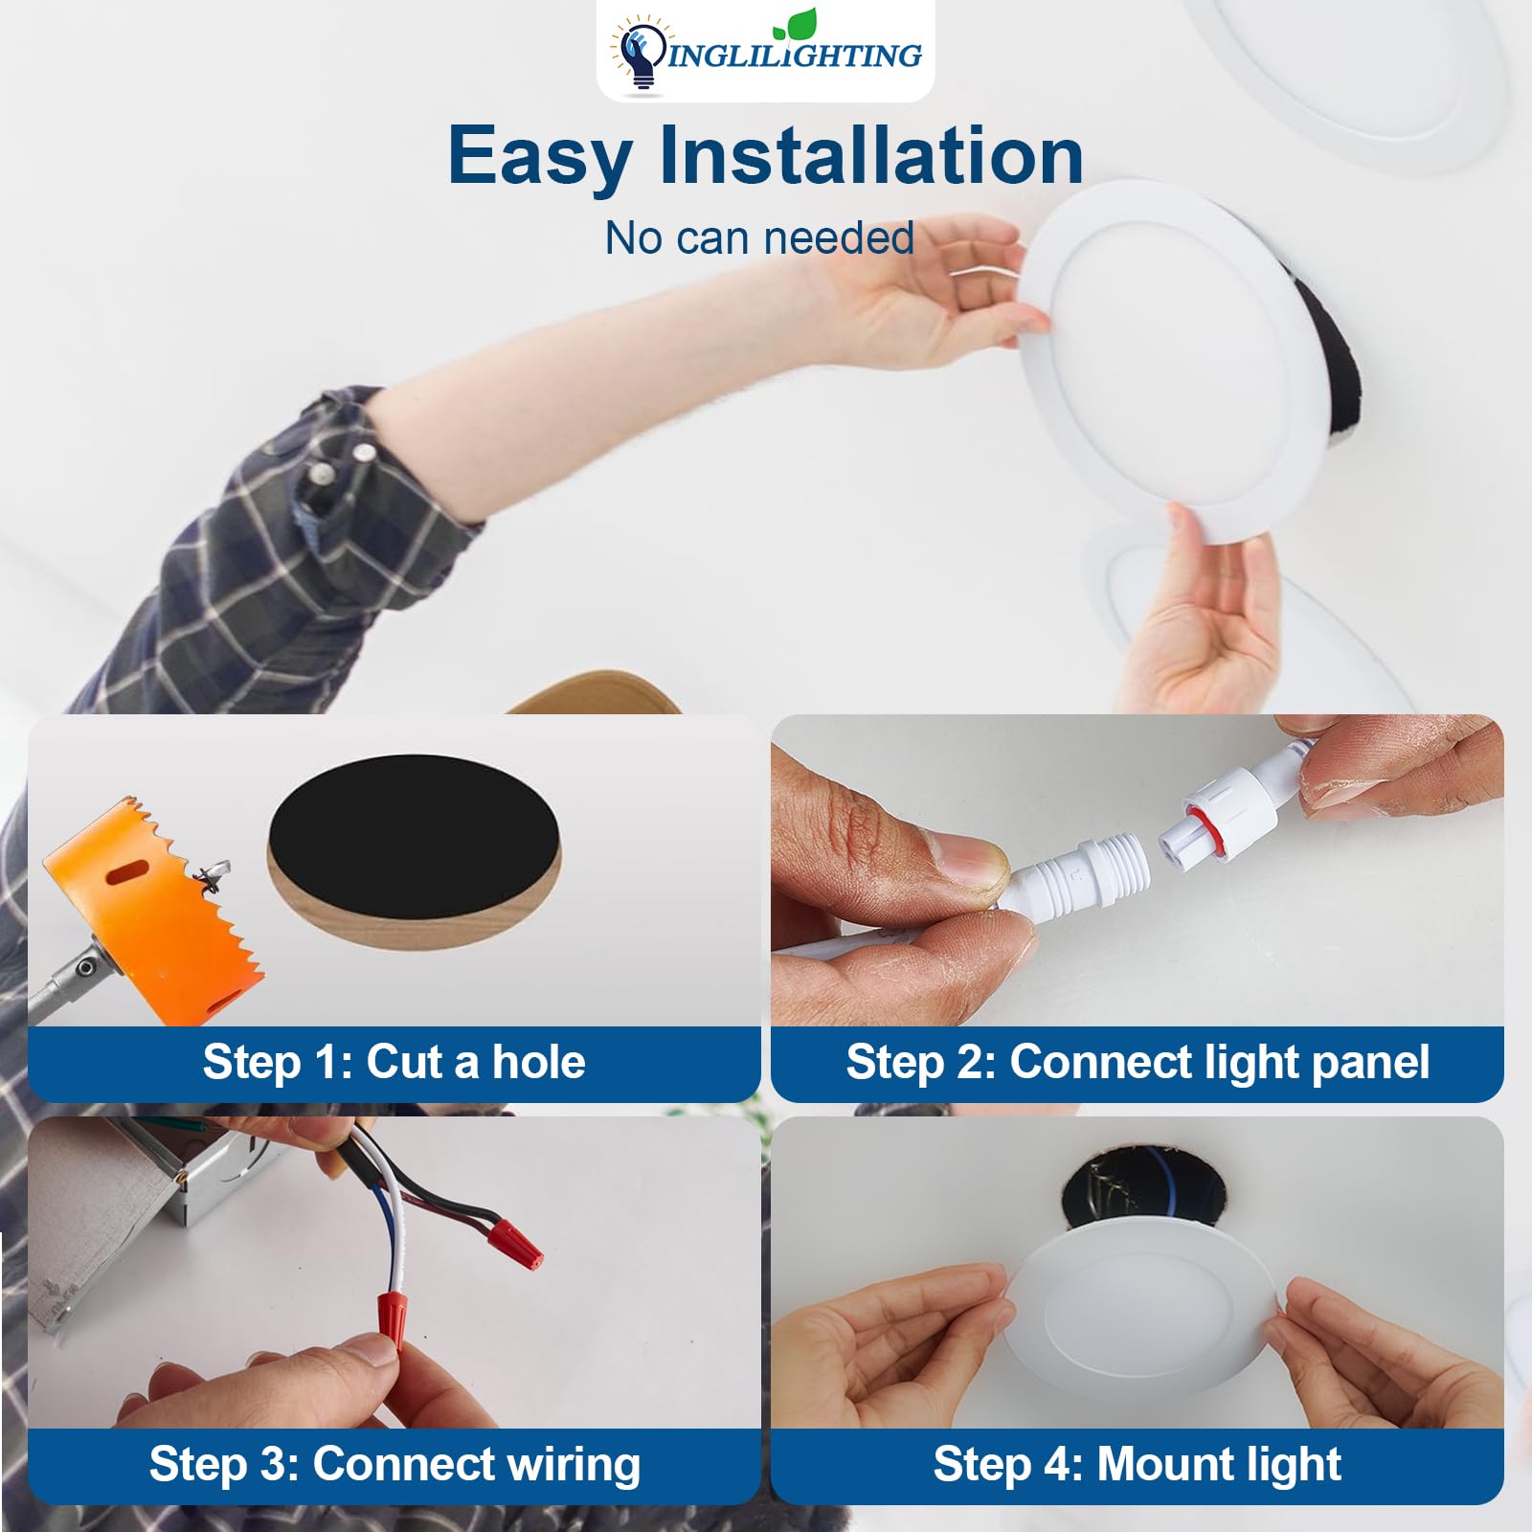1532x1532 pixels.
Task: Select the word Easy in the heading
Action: click(x=539, y=156)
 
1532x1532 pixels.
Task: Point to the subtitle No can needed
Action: click(x=759, y=238)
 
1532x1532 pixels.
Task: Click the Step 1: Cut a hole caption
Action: click(x=394, y=1063)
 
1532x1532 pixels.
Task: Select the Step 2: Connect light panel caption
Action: click(x=1137, y=1063)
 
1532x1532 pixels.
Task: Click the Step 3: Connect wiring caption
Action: click(x=394, y=1465)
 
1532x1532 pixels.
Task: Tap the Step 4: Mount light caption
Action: click(x=1137, y=1465)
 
